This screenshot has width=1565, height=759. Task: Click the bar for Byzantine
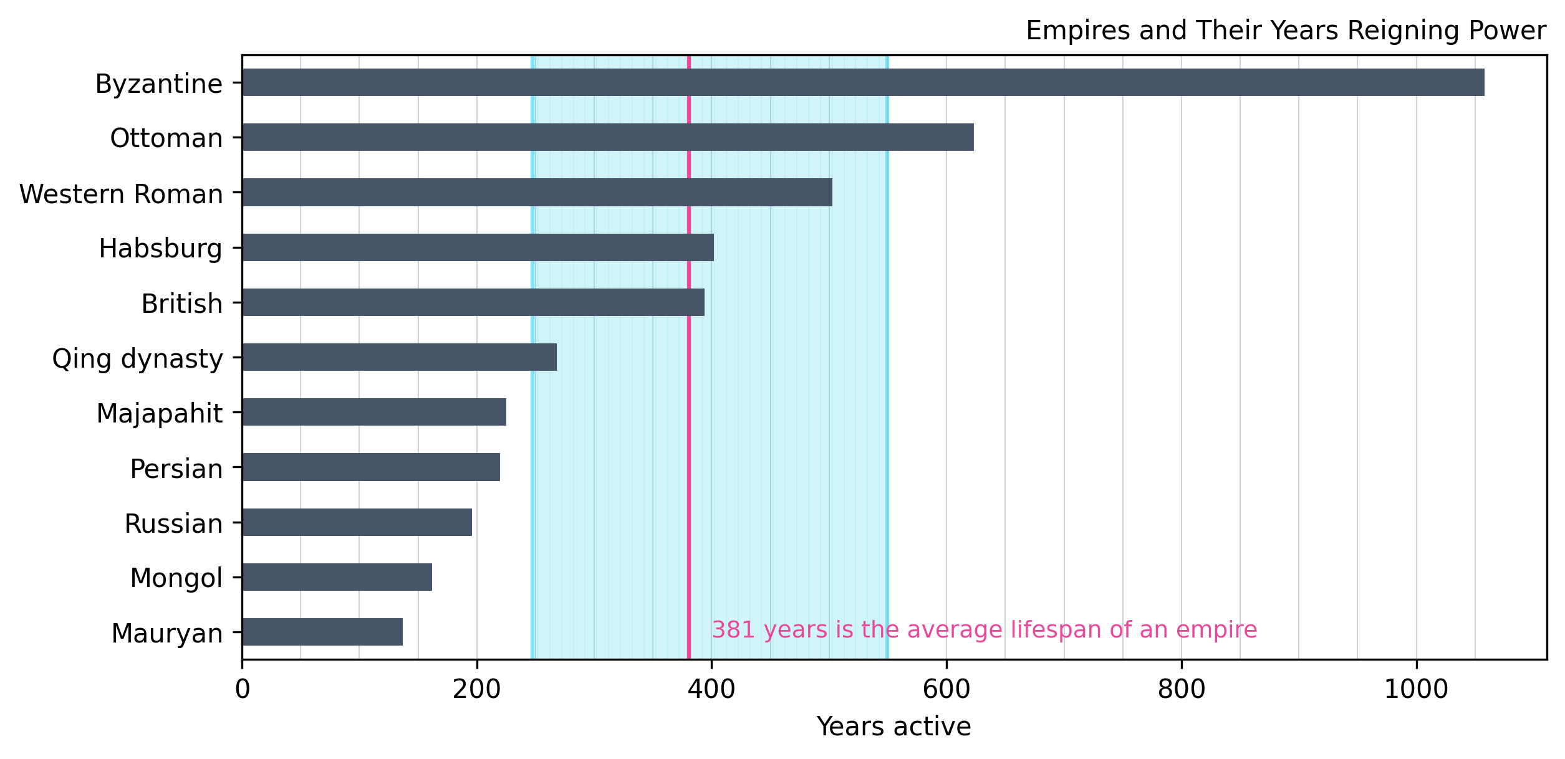[x=863, y=82]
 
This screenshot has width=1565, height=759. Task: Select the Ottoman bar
[x=608, y=137]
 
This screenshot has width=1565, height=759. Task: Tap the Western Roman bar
[x=537, y=192]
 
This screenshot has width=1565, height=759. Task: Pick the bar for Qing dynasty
[x=399, y=357]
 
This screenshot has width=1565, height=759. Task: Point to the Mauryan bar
[x=322, y=632]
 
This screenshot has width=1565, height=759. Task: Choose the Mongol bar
[x=337, y=577]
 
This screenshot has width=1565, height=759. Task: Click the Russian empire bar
[x=357, y=522]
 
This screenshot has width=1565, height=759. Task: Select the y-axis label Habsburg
[x=160, y=249]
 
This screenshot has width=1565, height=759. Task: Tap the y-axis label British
[x=181, y=304]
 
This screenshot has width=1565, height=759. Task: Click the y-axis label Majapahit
[x=159, y=414]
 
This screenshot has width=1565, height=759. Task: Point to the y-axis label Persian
[x=176, y=469]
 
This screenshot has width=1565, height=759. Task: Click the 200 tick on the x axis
[x=476, y=690]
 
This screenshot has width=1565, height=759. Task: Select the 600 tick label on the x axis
[x=946, y=690]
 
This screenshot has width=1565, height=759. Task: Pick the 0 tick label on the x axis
[x=243, y=690]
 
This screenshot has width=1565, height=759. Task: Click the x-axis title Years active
[x=893, y=727]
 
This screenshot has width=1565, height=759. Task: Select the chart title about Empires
[x=1286, y=31]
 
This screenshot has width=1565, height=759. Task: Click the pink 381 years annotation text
[x=984, y=630]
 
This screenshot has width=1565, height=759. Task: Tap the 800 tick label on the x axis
[x=1181, y=690]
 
